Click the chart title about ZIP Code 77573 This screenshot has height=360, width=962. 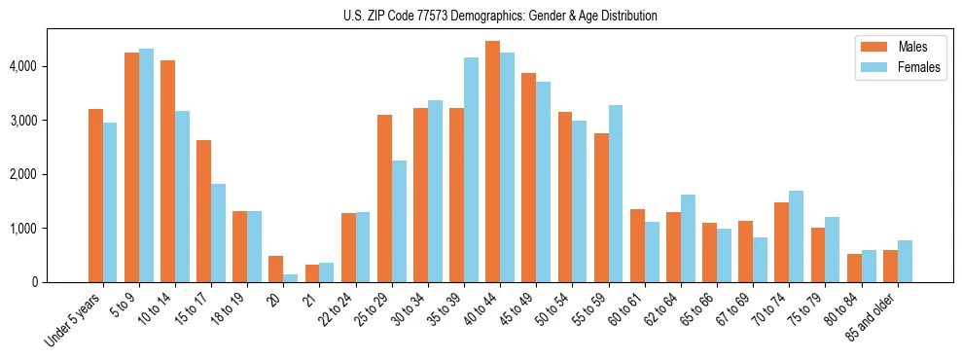(x=500, y=16)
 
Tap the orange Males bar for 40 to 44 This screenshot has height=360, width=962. (x=492, y=162)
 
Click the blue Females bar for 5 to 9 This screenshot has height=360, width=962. (x=146, y=165)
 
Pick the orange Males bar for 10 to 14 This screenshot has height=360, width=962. (x=167, y=171)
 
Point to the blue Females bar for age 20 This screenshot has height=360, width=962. (x=291, y=278)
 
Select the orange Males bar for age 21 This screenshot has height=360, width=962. (x=312, y=273)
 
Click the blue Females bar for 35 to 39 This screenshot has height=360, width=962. (x=471, y=170)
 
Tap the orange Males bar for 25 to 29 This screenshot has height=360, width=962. (x=384, y=198)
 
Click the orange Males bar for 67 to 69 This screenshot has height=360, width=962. (x=745, y=252)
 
